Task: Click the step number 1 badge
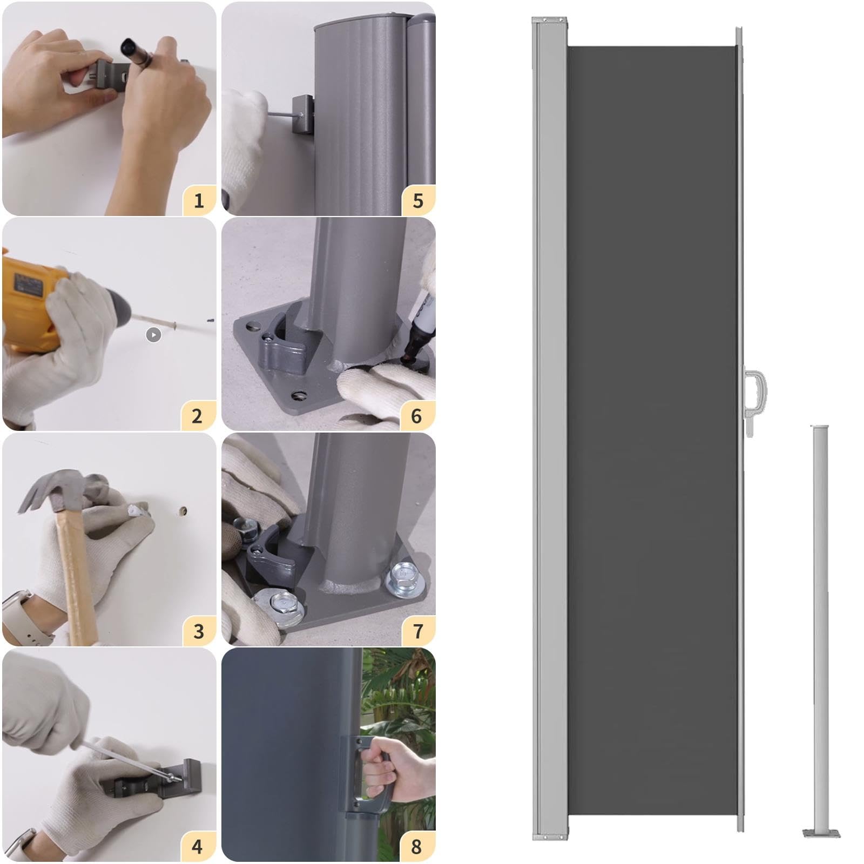[x=198, y=200]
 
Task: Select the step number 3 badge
[x=198, y=631]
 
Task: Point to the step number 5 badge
[x=418, y=200]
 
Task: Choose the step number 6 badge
[x=417, y=416]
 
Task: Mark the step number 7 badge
[x=418, y=631]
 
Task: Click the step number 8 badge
[x=417, y=846]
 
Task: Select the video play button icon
[x=153, y=335]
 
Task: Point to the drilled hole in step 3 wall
[x=183, y=510]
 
